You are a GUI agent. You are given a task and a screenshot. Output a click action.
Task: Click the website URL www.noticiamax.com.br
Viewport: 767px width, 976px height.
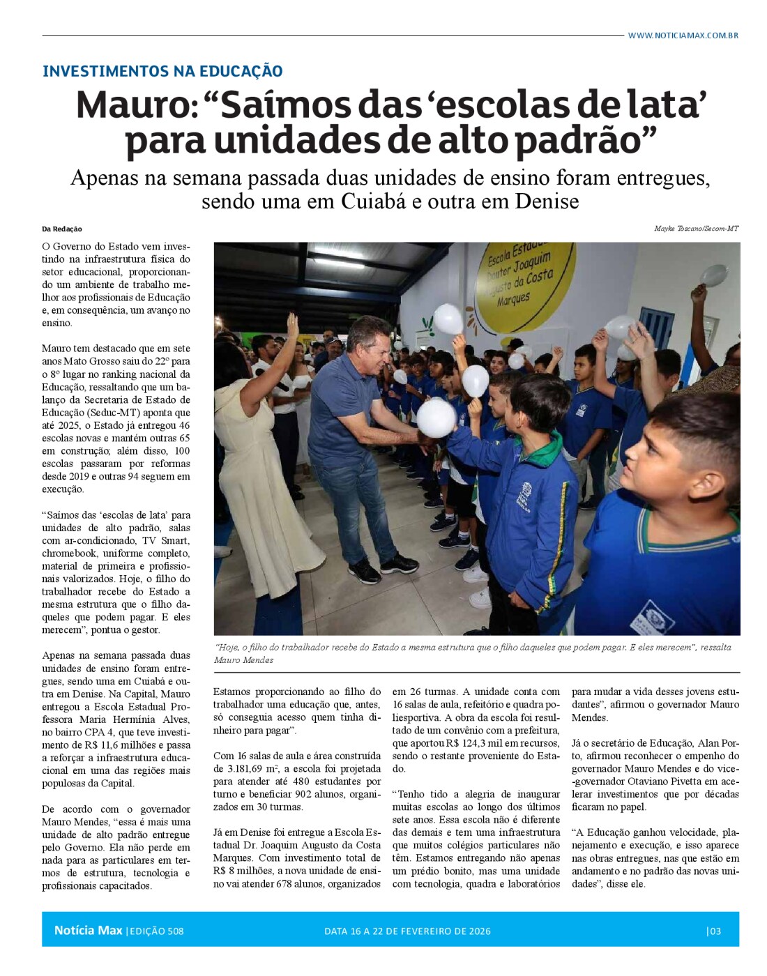click(x=683, y=36)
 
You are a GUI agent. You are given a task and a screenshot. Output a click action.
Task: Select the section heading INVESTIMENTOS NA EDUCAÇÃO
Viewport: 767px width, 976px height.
click(x=162, y=71)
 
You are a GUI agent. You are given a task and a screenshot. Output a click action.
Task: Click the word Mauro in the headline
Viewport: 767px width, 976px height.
click(x=132, y=105)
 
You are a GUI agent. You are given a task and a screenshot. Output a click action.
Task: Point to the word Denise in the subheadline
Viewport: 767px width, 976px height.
click(x=547, y=201)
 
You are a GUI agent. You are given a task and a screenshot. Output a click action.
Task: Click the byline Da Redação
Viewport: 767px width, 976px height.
click(x=62, y=229)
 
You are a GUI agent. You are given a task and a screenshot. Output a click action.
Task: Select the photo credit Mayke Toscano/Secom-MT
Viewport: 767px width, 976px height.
click(x=696, y=229)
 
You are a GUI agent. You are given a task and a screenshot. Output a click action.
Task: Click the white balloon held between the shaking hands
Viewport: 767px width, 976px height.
click(x=436, y=418)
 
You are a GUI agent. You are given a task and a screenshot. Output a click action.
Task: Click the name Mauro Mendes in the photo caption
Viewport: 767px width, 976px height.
click(x=244, y=659)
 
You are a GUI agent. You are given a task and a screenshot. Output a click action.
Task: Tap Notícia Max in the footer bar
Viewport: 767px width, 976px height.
click(x=88, y=931)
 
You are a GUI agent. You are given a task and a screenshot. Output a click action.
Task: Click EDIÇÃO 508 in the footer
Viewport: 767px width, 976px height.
click(x=156, y=931)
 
